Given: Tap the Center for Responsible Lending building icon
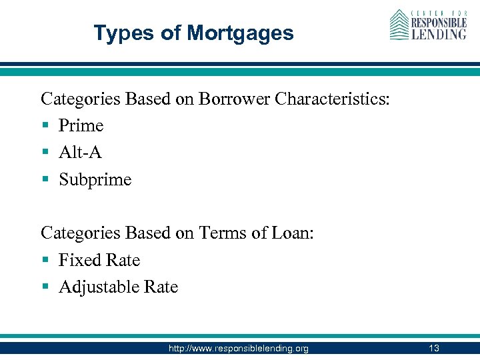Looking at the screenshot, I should [x=399, y=25].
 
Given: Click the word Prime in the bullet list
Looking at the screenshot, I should [x=81, y=125].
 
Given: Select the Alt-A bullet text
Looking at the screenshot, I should [x=80, y=152].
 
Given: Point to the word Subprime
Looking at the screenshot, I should [x=95, y=179].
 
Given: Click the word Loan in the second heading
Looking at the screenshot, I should [x=289, y=233].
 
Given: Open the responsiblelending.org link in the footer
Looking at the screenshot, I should [x=239, y=348].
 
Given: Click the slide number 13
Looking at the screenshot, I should [x=434, y=348].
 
